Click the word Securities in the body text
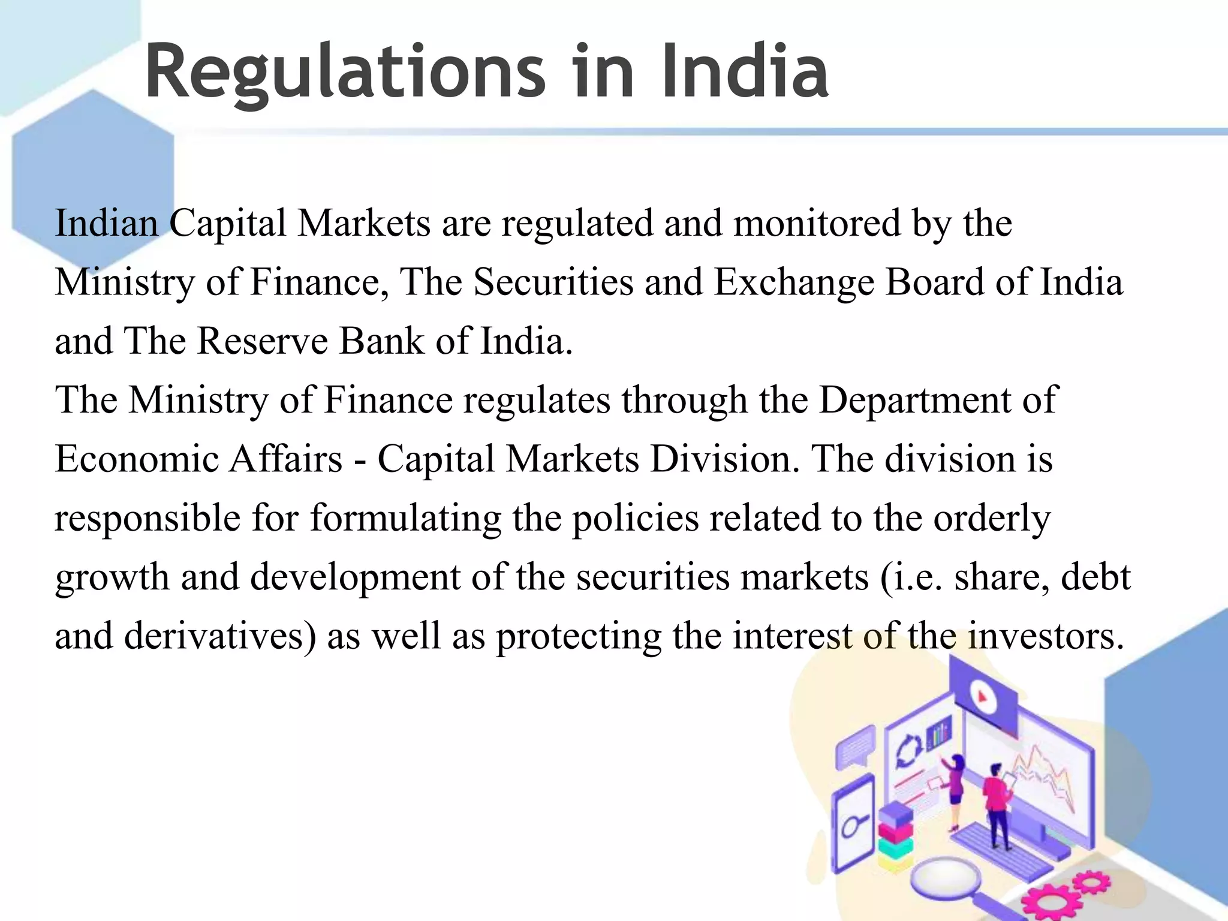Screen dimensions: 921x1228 553,281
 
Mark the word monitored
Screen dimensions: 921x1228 817,223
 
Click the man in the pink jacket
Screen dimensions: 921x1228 997,800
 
